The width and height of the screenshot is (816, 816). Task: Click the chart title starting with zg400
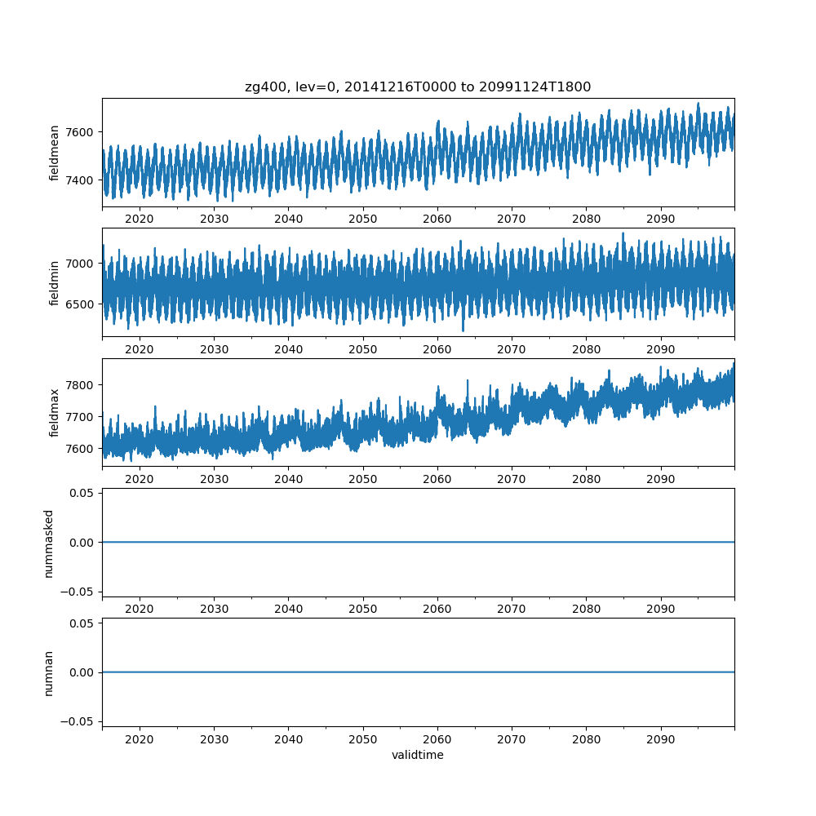click(418, 86)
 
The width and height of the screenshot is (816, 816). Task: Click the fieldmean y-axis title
click(55, 153)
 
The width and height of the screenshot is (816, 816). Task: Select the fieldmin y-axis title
click(55, 283)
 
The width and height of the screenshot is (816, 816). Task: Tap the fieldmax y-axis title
click(55, 413)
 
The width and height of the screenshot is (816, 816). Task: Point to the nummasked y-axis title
click(49, 543)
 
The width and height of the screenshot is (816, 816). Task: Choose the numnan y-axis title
click(49, 672)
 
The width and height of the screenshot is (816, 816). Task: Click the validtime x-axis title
click(418, 756)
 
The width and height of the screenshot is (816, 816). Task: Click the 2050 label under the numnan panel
click(363, 740)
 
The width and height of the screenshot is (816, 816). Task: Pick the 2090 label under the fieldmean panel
click(660, 220)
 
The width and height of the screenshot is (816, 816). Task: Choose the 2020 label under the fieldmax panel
click(140, 480)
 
